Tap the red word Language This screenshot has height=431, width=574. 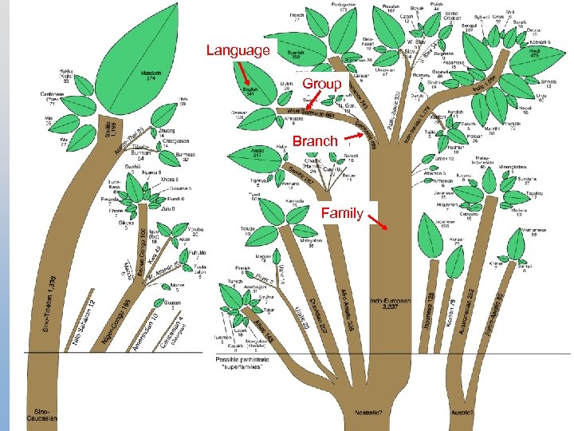(238, 50)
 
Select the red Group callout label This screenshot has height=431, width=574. (322, 84)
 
